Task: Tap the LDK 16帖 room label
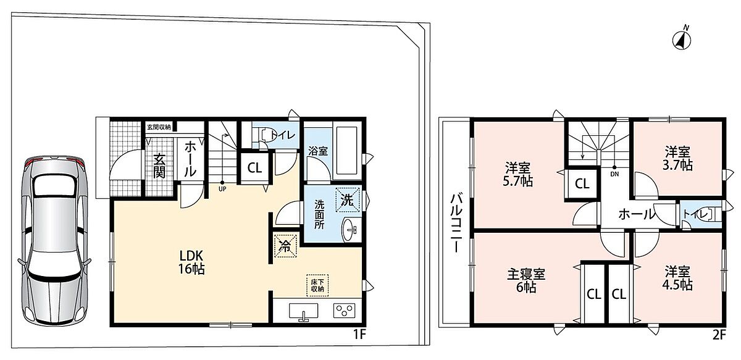(x=191, y=262)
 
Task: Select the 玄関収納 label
(x=159, y=127)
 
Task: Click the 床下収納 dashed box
(x=317, y=285)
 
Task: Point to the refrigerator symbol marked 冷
(x=285, y=245)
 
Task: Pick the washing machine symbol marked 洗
(x=347, y=200)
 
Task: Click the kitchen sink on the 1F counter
(x=303, y=312)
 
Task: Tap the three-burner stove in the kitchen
(x=344, y=311)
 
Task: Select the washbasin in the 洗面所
(x=350, y=229)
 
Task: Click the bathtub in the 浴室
(x=347, y=151)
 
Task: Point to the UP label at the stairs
(x=222, y=190)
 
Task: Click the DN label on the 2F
(x=614, y=174)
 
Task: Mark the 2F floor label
(x=719, y=335)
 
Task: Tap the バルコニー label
(x=457, y=223)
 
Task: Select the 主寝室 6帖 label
(x=526, y=280)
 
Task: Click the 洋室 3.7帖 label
(x=677, y=159)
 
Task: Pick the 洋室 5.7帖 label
(x=517, y=174)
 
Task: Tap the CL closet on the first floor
(x=254, y=168)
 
